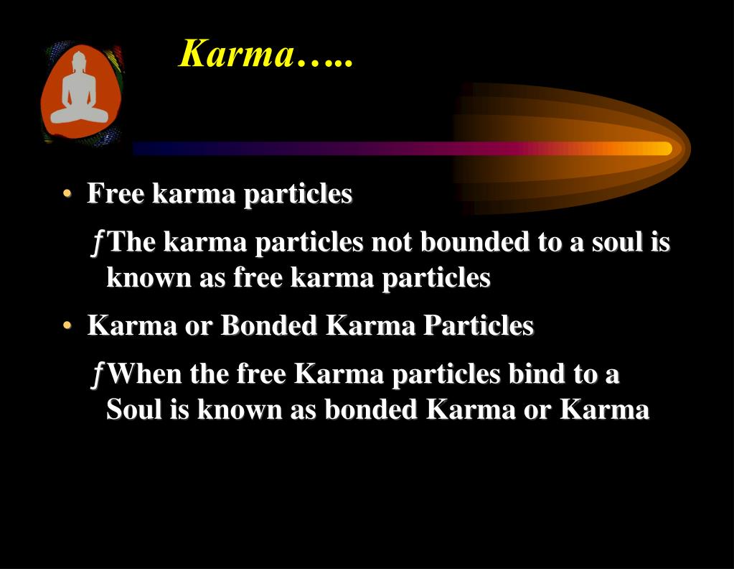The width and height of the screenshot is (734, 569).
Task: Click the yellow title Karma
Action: (x=237, y=54)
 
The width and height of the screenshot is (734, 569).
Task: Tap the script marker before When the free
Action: (x=98, y=375)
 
